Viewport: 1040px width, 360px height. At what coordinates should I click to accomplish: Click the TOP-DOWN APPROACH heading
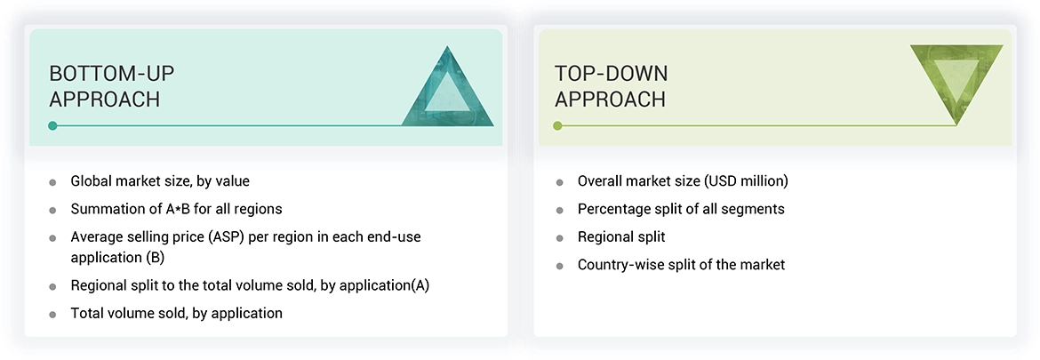(x=611, y=86)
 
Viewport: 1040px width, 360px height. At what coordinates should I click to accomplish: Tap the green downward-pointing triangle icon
(x=956, y=84)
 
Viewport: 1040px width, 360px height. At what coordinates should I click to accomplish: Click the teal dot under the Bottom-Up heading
(x=53, y=125)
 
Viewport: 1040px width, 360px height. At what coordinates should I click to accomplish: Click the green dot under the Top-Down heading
(x=557, y=125)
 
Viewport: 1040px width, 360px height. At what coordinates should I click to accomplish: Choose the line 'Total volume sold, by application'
(x=176, y=313)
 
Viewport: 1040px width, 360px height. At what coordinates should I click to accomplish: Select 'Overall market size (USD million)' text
(x=683, y=181)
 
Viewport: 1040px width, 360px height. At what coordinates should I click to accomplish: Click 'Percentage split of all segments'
(x=681, y=209)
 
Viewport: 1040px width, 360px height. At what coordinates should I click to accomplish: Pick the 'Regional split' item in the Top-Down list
(x=621, y=236)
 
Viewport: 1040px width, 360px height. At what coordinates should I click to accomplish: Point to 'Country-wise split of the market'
(x=681, y=264)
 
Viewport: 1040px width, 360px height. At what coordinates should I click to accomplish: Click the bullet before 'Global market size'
(x=52, y=182)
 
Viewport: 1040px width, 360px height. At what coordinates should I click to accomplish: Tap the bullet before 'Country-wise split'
(x=559, y=265)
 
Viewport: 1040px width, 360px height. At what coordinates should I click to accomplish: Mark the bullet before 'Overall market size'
(x=559, y=182)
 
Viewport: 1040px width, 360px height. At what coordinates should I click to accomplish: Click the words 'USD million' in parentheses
(x=746, y=181)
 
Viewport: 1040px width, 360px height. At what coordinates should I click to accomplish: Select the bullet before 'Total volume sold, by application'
(x=52, y=314)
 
